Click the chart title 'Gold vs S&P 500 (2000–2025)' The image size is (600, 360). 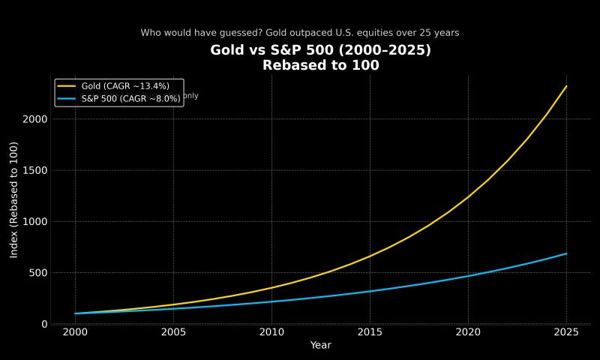pos(320,50)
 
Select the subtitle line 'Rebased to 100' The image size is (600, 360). pos(320,65)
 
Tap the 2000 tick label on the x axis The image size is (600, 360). pos(75,332)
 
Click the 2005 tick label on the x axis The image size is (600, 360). pos(173,332)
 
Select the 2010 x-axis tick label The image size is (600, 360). pos(271,332)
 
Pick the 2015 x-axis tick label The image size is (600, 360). pos(370,332)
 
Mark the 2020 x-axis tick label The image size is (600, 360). pos(468,332)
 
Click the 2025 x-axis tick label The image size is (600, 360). pos(566,332)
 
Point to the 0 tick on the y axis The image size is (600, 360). pos(44,324)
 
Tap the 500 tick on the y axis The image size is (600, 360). pos(37,273)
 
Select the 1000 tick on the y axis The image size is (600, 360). pos(34,222)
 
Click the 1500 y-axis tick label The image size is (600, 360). pos(34,170)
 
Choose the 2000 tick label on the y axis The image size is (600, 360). pos(34,119)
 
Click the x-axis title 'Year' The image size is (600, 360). pos(320,346)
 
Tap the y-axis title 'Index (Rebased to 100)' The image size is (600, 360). pos(14,199)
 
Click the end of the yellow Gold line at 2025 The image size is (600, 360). pos(566,86)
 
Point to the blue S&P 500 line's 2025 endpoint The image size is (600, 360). pos(566,253)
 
